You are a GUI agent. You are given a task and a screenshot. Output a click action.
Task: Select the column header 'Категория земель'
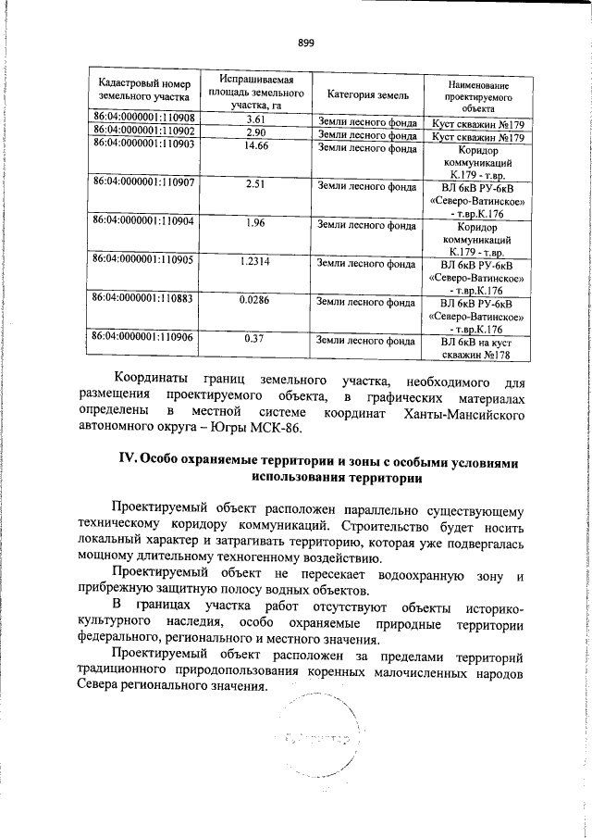[x=362, y=94]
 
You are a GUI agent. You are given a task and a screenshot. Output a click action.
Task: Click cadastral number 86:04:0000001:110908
[x=142, y=119]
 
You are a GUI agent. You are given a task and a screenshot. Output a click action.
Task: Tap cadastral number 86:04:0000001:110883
[x=142, y=299]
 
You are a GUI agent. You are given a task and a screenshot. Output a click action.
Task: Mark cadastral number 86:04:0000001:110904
[x=142, y=222]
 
